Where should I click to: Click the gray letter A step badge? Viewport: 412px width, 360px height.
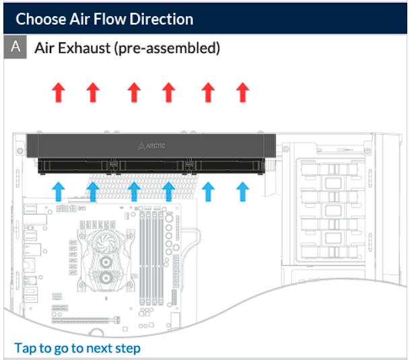coord(15,46)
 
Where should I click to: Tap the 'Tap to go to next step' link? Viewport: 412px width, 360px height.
coord(77,348)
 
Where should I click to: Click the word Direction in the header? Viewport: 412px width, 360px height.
coord(162,19)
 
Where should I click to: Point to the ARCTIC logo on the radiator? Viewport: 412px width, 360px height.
coord(151,146)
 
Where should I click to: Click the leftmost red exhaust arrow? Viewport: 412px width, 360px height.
coord(59,92)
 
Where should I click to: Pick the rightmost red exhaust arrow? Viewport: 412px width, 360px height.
coord(242,92)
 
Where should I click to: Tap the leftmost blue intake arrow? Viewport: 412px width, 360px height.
coord(59,192)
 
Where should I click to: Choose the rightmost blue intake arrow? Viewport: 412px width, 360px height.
coord(242,192)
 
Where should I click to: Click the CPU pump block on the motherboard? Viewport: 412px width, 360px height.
coord(106,260)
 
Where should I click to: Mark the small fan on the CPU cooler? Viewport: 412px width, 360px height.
coord(105,243)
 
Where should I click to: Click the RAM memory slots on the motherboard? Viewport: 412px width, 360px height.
coord(151,258)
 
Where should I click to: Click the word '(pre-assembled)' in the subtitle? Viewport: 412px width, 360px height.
coord(167,48)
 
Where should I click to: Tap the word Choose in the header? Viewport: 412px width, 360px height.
coord(40,19)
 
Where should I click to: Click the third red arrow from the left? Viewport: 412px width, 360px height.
coord(134,92)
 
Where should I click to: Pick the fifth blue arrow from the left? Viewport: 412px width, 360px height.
coord(208,192)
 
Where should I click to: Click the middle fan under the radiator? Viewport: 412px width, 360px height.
coord(151,166)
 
